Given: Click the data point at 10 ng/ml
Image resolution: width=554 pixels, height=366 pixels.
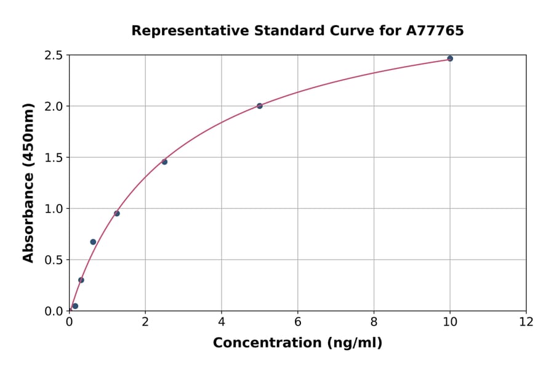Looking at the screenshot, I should tap(450, 59).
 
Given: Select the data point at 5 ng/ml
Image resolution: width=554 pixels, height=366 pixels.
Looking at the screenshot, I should tap(260, 106).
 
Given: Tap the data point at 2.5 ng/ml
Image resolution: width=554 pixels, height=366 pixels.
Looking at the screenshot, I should tap(164, 162).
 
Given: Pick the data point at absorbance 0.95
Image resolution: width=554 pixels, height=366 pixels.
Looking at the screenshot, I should tap(117, 214).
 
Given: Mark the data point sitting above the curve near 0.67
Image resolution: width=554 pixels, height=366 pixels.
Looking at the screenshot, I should tap(93, 242).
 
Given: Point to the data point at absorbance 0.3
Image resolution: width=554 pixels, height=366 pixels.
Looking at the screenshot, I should tap(81, 280).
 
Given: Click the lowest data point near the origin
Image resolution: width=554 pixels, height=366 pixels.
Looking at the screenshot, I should tap(75, 306).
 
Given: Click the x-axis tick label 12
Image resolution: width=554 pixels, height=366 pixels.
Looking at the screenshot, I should tap(526, 322).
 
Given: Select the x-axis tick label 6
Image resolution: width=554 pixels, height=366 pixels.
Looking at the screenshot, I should tap(298, 322).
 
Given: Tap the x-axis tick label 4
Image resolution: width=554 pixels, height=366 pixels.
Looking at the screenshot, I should tap(222, 322).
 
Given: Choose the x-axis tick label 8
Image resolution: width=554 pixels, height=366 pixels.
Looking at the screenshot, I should tap(374, 322).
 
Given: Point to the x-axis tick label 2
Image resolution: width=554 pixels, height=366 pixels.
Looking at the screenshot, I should tap(145, 322).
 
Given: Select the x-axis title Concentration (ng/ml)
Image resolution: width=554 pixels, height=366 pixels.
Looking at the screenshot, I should tap(297, 343).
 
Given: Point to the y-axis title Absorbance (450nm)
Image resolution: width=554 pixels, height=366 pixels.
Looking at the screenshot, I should tap(28, 182).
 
